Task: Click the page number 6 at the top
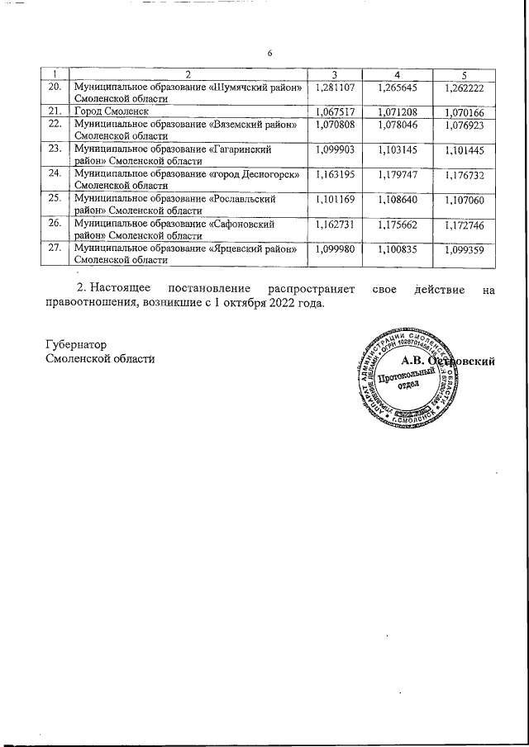[x=269, y=54]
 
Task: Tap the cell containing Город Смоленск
[x=111, y=111]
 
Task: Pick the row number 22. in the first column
[x=55, y=124]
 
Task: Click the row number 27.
[x=55, y=248]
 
